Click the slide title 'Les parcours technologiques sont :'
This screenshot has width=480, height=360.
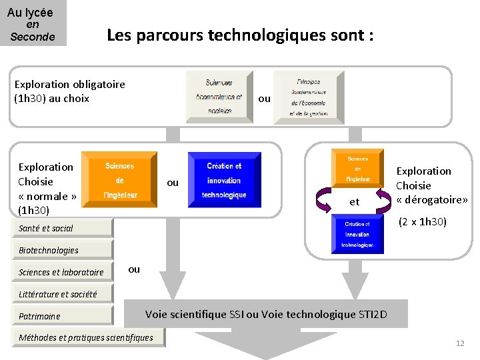pyautogui.click(x=240, y=35)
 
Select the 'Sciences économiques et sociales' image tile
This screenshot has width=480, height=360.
pyautogui.click(x=219, y=97)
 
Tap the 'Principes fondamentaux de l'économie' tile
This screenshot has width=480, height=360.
pyautogui.click(x=309, y=97)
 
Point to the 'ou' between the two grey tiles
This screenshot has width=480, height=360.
pyautogui.click(x=264, y=99)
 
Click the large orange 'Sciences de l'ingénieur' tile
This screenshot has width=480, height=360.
pyautogui.click(x=119, y=180)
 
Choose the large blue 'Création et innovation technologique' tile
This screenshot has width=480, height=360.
pyautogui.click(x=224, y=180)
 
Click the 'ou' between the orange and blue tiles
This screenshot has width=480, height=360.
pyautogui.click(x=173, y=183)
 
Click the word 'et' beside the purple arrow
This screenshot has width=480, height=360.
pyautogui.click(x=354, y=201)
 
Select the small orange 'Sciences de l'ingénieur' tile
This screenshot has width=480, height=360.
pyautogui.click(x=357, y=169)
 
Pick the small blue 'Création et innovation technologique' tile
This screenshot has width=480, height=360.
pyautogui.click(x=357, y=235)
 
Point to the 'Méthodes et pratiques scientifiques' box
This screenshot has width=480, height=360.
pyautogui.click(x=86, y=337)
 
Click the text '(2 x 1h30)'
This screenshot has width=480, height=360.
pyautogui.click(x=422, y=221)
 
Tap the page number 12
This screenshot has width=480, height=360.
pyautogui.click(x=459, y=343)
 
